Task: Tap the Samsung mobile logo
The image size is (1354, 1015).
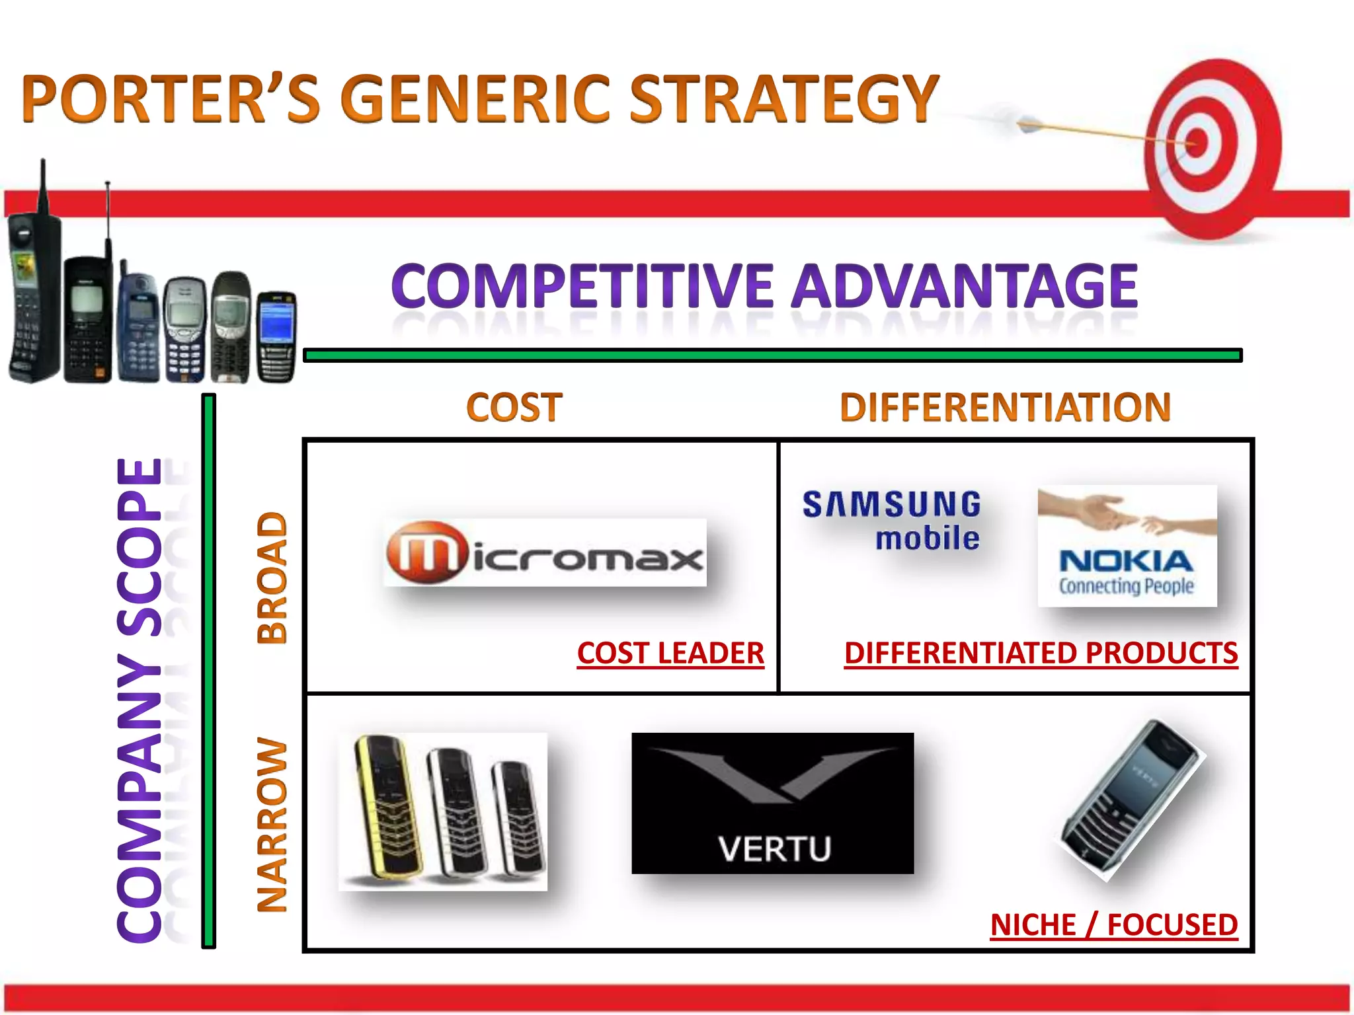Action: pyautogui.click(x=893, y=521)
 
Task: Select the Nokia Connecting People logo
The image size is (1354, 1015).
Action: pyautogui.click(x=1127, y=546)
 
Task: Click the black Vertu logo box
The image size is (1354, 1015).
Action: pyautogui.click(x=772, y=803)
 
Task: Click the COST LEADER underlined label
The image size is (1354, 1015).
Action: pyautogui.click(x=670, y=654)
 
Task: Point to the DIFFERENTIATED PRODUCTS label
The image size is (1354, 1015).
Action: pyautogui.click(x=1041, y=654)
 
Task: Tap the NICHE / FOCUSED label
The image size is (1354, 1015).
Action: pyautogui.click(x=1113, y=924)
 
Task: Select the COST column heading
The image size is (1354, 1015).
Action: pyautogui.click(x=514, y=407)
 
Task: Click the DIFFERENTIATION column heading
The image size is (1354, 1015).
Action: pyautogui.click(x=1005, y=407)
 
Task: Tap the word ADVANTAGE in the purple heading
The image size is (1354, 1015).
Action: pyautogui.click(x=965, y=286)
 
